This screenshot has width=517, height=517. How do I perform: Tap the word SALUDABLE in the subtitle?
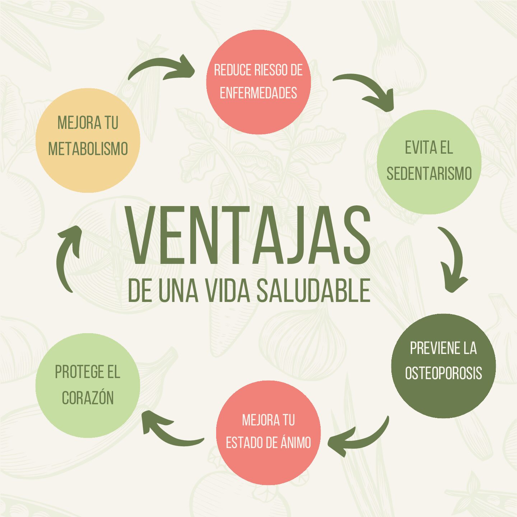pyautogui.click(x=313, y=290)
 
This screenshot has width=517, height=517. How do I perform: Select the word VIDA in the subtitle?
pyautogui.click(x=228, y=290)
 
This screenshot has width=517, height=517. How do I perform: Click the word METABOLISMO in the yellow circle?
pyautogui.click(x=88, y=149)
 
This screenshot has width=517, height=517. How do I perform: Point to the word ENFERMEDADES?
pyautogui.click(x=258, y=93)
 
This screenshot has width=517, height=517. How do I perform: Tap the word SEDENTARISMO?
pyautogui.click(x=429, y=174)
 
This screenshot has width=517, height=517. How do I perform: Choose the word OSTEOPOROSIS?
pyautogui.click(x=443, y=373)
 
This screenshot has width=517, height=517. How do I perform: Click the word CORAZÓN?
pyautogui.click(x=88, y=398)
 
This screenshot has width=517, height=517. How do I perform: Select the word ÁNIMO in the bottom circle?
pyautogui.click(x=296, y=442)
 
